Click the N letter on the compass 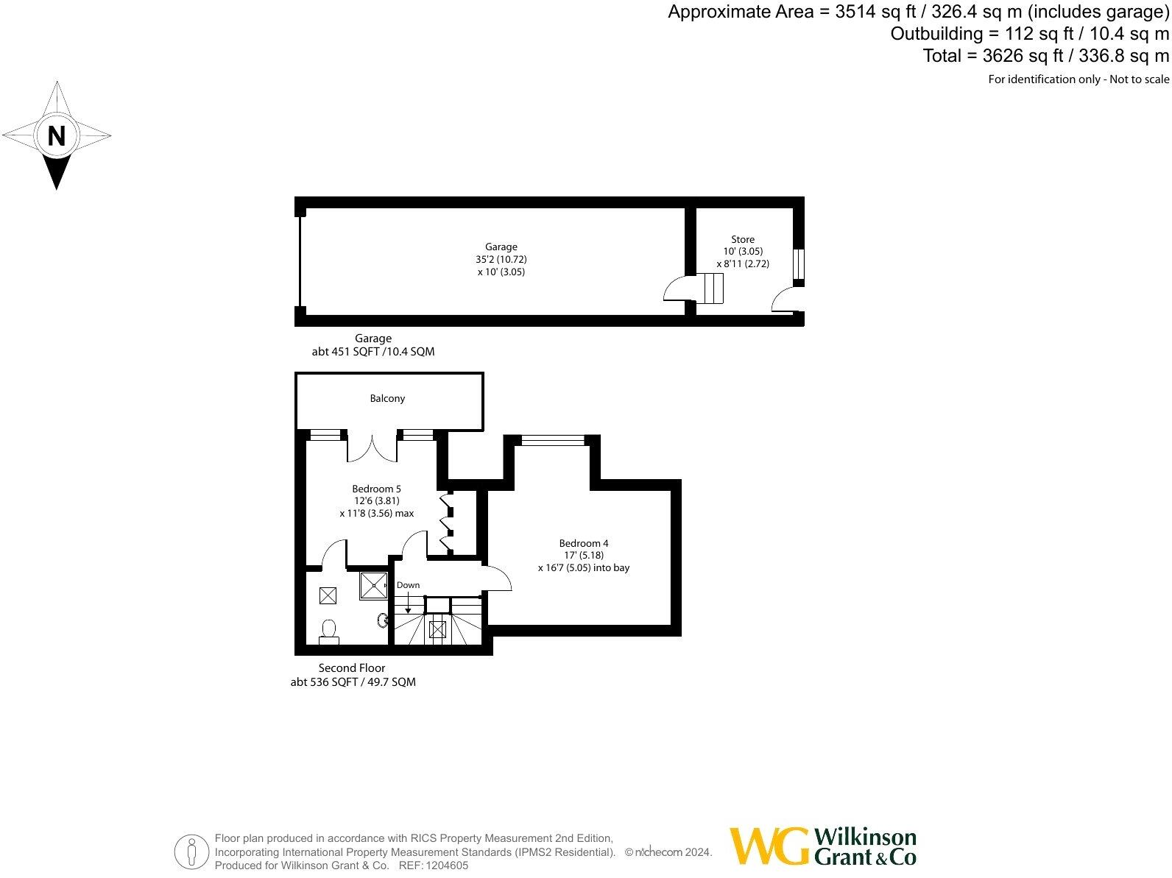click(x=57, y=136)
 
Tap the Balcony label click(x=387, y=399)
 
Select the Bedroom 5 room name click(x=376, y=489)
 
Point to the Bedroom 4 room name click(x=583, y=543)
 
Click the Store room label click(x=742, y=239)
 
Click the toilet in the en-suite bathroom click(x=328, y=631)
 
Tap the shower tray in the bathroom click(x=374, y=586)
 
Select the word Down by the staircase click(x=408, y=586)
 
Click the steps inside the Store click(x=711, y=287)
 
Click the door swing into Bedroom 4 click(x=497, y=578)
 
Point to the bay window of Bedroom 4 click(x=552, y=440)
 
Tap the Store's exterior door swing click(x=783, y=300)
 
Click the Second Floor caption click(x=352, y=668)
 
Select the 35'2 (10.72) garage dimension click(x=501, y=259)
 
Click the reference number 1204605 click(x=444, y=866)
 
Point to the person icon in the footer click(x=191, y=852)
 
